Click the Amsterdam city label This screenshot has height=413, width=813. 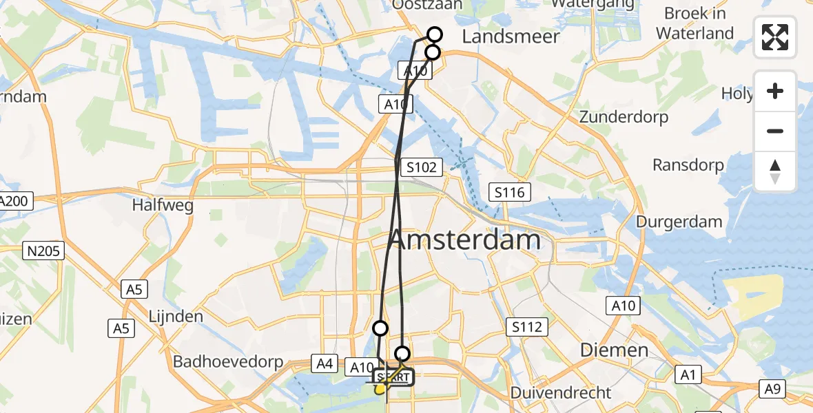coord(466,240)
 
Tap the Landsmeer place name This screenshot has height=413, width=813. coord(511,36)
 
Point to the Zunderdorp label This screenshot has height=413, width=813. coord(624,117)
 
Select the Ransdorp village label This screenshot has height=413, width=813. coord(688,165)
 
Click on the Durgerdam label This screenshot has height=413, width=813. coord(679,222)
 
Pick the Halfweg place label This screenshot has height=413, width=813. coord(163,205)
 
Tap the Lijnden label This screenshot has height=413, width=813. coord(176,317)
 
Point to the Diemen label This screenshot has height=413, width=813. coord(614,350)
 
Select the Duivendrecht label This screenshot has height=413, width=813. coord(562,393)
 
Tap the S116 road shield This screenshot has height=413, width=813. coord(510,192)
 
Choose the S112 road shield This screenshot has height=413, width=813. coord(527,327)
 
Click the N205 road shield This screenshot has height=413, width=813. coord(45,251)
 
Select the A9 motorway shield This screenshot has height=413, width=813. coord(772,390)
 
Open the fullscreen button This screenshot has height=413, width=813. coord(775,37)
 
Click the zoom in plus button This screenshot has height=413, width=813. coord(775,91)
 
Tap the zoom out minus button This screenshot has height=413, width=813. coord(775,131)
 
